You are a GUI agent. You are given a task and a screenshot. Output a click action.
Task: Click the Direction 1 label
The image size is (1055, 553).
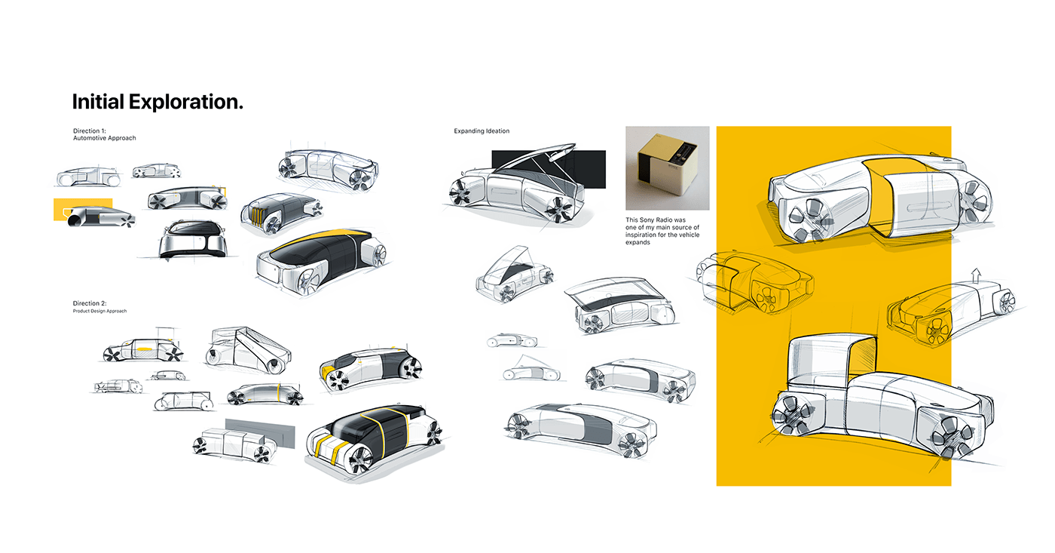coord(90,131)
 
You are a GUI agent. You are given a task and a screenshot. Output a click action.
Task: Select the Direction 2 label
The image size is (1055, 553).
coord(90,303)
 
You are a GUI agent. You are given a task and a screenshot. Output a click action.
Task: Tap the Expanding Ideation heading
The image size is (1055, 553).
coord(482,131)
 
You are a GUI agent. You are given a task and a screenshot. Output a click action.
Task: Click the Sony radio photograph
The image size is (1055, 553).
coord(668,168)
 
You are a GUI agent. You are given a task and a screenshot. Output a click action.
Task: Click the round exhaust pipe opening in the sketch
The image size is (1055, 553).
coord(77,220)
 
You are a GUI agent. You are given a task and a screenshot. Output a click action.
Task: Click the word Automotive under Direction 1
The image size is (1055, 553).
coord(90,139)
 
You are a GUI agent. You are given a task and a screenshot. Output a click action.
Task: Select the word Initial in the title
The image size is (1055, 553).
coord(97,102)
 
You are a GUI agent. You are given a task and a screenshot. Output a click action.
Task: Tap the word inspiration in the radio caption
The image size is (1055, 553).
coord(644,235)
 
